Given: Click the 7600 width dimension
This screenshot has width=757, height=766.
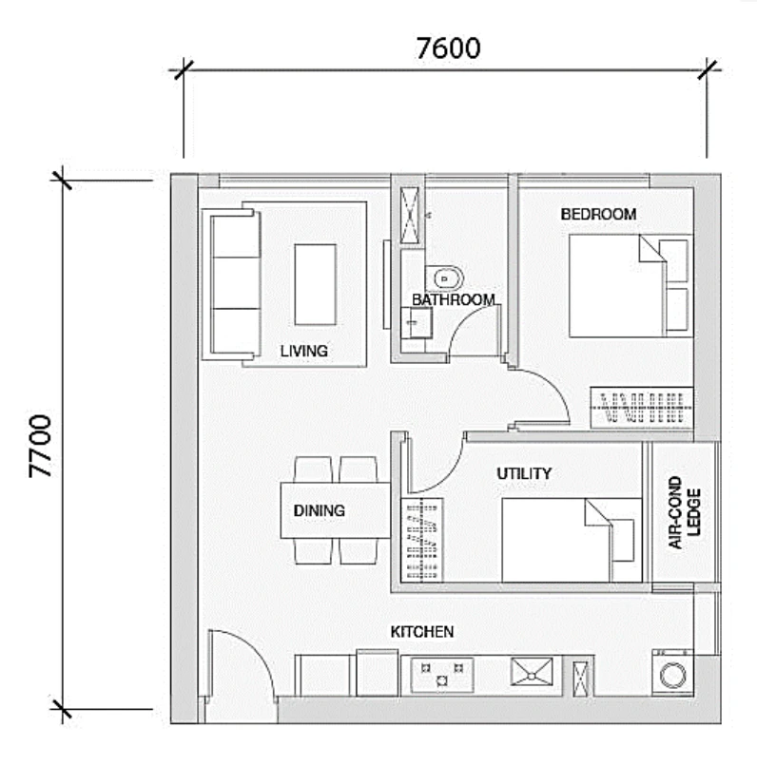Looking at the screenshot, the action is pos(448,48).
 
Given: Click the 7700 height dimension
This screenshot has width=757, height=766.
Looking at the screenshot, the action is pos(40,446).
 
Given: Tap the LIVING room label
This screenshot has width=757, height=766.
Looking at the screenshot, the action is pos(304,351).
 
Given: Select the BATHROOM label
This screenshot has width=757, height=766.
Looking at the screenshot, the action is pos(454,299).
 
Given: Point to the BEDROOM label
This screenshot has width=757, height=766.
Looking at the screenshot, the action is pos(598,214).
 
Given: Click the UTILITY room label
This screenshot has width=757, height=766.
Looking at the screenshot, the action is pos(524,473).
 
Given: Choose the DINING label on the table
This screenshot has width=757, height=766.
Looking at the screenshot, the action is pos(320,510).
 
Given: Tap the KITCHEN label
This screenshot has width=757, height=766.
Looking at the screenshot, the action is pos(421,632).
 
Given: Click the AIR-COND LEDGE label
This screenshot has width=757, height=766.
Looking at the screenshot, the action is pos(684,512).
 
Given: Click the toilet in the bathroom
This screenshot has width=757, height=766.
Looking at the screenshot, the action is pos(444,279).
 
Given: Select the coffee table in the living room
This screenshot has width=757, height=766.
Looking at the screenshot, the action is pos(315,284).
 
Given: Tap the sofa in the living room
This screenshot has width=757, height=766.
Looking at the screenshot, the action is pos(232,284).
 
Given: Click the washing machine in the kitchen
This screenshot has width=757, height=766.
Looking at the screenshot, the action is pos(672,673).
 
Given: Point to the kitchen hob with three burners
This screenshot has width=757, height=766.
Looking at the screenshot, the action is pos(442,675).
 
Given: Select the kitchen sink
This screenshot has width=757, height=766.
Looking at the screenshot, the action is pos(532,672).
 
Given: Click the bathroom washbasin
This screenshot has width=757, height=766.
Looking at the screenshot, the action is pos(417,322).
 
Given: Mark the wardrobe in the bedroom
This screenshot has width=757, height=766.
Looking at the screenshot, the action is pos(642,408).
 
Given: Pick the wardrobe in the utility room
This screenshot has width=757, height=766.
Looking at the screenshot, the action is pos(421,540).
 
